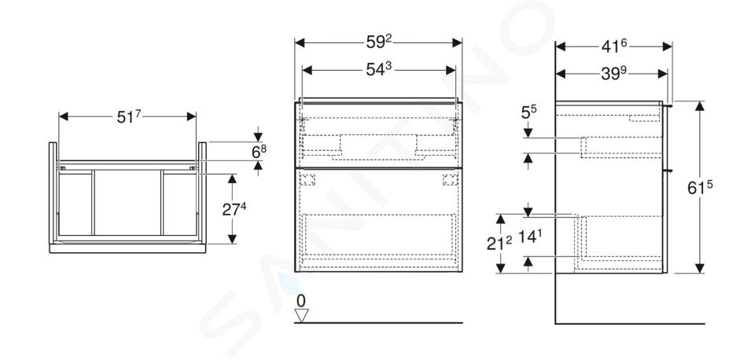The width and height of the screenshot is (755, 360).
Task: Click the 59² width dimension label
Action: tap(379, 42)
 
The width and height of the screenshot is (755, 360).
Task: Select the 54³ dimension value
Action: tap(378, 69)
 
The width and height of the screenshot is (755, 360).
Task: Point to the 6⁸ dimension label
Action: tap(259, 152)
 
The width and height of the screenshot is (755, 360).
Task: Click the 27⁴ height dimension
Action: tap(234, 209)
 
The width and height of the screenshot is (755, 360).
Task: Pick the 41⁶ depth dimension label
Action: tap(614, 46)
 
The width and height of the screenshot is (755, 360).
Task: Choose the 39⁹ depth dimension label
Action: tap(614, 73)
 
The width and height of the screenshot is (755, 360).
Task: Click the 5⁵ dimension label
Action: tap(528, 112)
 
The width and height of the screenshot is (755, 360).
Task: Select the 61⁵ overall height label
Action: tap(700, 188)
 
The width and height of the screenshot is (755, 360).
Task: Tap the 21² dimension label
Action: tap(499, 244)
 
